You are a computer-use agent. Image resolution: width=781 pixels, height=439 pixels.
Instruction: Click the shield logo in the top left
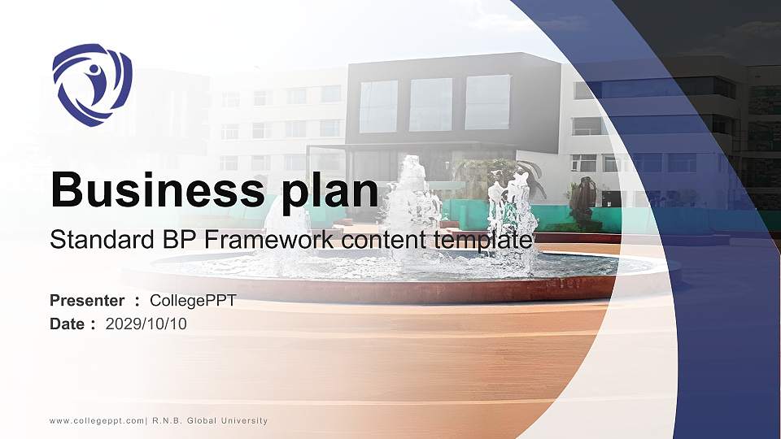[91, 85]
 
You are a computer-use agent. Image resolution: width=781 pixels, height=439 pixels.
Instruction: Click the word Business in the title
[150, 191]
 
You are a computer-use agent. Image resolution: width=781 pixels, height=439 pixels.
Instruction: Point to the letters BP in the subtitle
[159, 240]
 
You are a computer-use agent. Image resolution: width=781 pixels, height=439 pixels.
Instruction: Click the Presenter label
[87, 301]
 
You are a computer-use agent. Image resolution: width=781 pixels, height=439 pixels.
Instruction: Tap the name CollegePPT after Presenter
[193, 301]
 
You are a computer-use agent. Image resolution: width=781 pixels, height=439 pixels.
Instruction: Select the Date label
[68, 324]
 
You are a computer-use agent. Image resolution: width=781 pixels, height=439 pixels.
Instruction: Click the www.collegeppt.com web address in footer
[97, 420]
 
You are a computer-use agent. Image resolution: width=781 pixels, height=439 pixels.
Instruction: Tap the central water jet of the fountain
[412, 203]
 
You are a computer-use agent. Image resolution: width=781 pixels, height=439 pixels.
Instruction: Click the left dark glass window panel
[378, 106]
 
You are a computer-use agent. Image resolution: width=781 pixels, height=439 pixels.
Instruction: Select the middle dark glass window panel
[430, 104]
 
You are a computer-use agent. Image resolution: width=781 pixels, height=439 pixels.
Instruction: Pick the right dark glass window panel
[487, 102]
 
